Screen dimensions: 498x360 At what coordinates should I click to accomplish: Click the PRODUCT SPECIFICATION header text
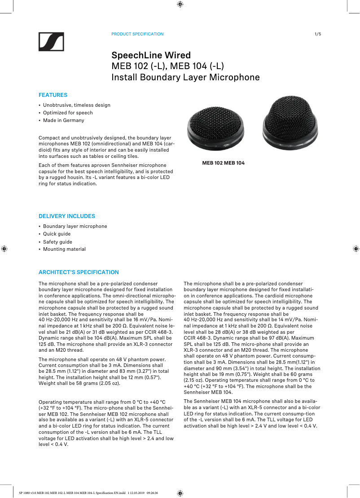[x=137, y=34]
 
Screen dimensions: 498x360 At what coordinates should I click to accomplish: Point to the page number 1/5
[x=318, y=34]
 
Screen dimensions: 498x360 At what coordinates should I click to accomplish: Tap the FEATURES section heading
[x=53, y=95]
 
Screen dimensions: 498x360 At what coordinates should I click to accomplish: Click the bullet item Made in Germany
[x=63, y=120]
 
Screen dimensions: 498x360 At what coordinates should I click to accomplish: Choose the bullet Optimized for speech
[x=68, y=113]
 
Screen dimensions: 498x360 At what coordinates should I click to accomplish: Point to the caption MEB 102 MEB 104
[x=223, y=163]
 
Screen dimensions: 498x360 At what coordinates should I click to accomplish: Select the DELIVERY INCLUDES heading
[x=67, y=216]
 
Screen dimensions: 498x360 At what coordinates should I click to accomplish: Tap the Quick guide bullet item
[x=57, y=234]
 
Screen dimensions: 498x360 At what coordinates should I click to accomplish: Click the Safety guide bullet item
[x=57, y=242]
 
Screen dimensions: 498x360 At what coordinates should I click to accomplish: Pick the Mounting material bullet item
[x=64, y=249]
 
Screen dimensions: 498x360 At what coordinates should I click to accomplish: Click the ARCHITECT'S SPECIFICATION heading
[x=79, y=272]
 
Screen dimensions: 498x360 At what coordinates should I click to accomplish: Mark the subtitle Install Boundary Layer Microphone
[x=185, y=77]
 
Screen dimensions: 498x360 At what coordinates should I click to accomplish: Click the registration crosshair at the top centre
[x=180, y=4]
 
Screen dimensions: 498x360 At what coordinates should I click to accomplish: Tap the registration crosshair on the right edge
[x=355, y=248]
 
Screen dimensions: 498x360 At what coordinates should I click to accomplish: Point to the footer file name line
[x=88, y=492]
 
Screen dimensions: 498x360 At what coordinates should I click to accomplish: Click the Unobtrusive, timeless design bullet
[x=76, y=105]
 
